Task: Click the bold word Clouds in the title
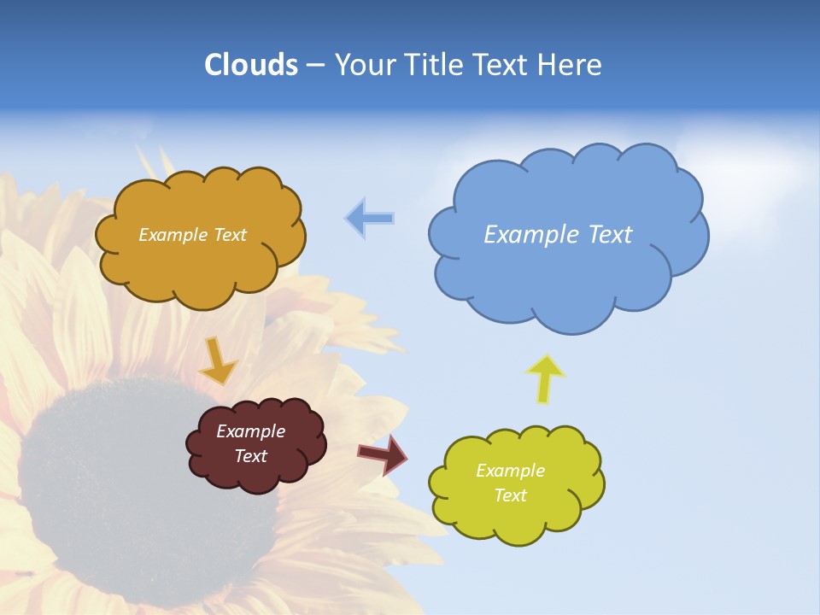251,65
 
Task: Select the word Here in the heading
571,65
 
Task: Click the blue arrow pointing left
370,219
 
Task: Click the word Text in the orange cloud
229,235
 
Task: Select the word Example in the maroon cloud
250,431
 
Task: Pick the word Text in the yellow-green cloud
510,496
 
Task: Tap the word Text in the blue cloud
610,235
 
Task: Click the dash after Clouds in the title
314,65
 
